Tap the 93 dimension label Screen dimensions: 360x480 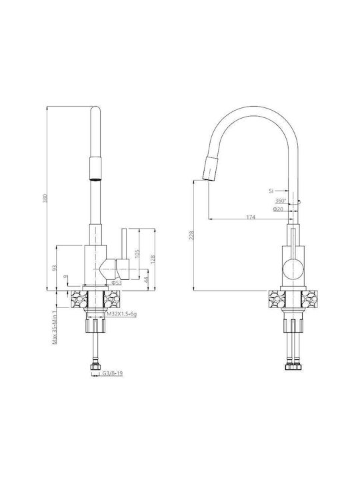click(55, 267)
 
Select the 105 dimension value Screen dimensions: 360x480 click(137, 253)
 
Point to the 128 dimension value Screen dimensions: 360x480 click(153, 259)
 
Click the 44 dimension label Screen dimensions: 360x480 click(146, 279)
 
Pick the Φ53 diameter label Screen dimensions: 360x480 click(116, 283)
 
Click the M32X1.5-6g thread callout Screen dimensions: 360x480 click(121, 314)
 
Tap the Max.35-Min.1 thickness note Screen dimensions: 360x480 click(55, 327)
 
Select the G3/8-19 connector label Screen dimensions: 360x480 click(113, 373)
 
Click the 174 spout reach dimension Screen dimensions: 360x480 click(251, 217)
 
